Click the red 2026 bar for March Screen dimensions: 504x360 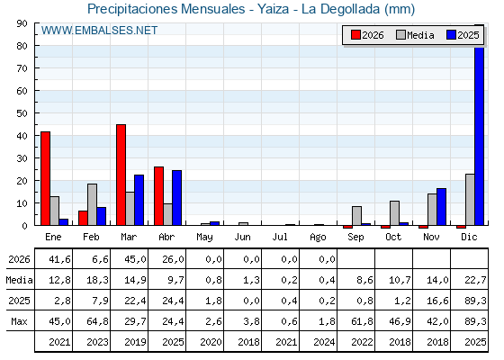121,175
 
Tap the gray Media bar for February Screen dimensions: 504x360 92,204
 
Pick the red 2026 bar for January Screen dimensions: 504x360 45,178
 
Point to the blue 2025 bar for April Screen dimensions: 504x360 176,198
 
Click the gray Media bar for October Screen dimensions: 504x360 395,213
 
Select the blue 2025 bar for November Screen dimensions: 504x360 441,207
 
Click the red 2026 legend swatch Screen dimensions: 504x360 355,35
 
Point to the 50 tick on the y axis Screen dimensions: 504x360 22,113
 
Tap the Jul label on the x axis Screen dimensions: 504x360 280,238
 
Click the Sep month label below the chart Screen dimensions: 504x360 355,238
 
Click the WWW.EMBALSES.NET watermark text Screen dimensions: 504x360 99,31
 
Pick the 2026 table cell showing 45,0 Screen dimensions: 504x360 135,259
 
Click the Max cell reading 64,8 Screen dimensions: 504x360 98,321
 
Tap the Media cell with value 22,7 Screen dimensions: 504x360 475,280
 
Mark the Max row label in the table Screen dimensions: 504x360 19,321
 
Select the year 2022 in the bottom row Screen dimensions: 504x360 362,342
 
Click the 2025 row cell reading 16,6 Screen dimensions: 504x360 437,301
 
